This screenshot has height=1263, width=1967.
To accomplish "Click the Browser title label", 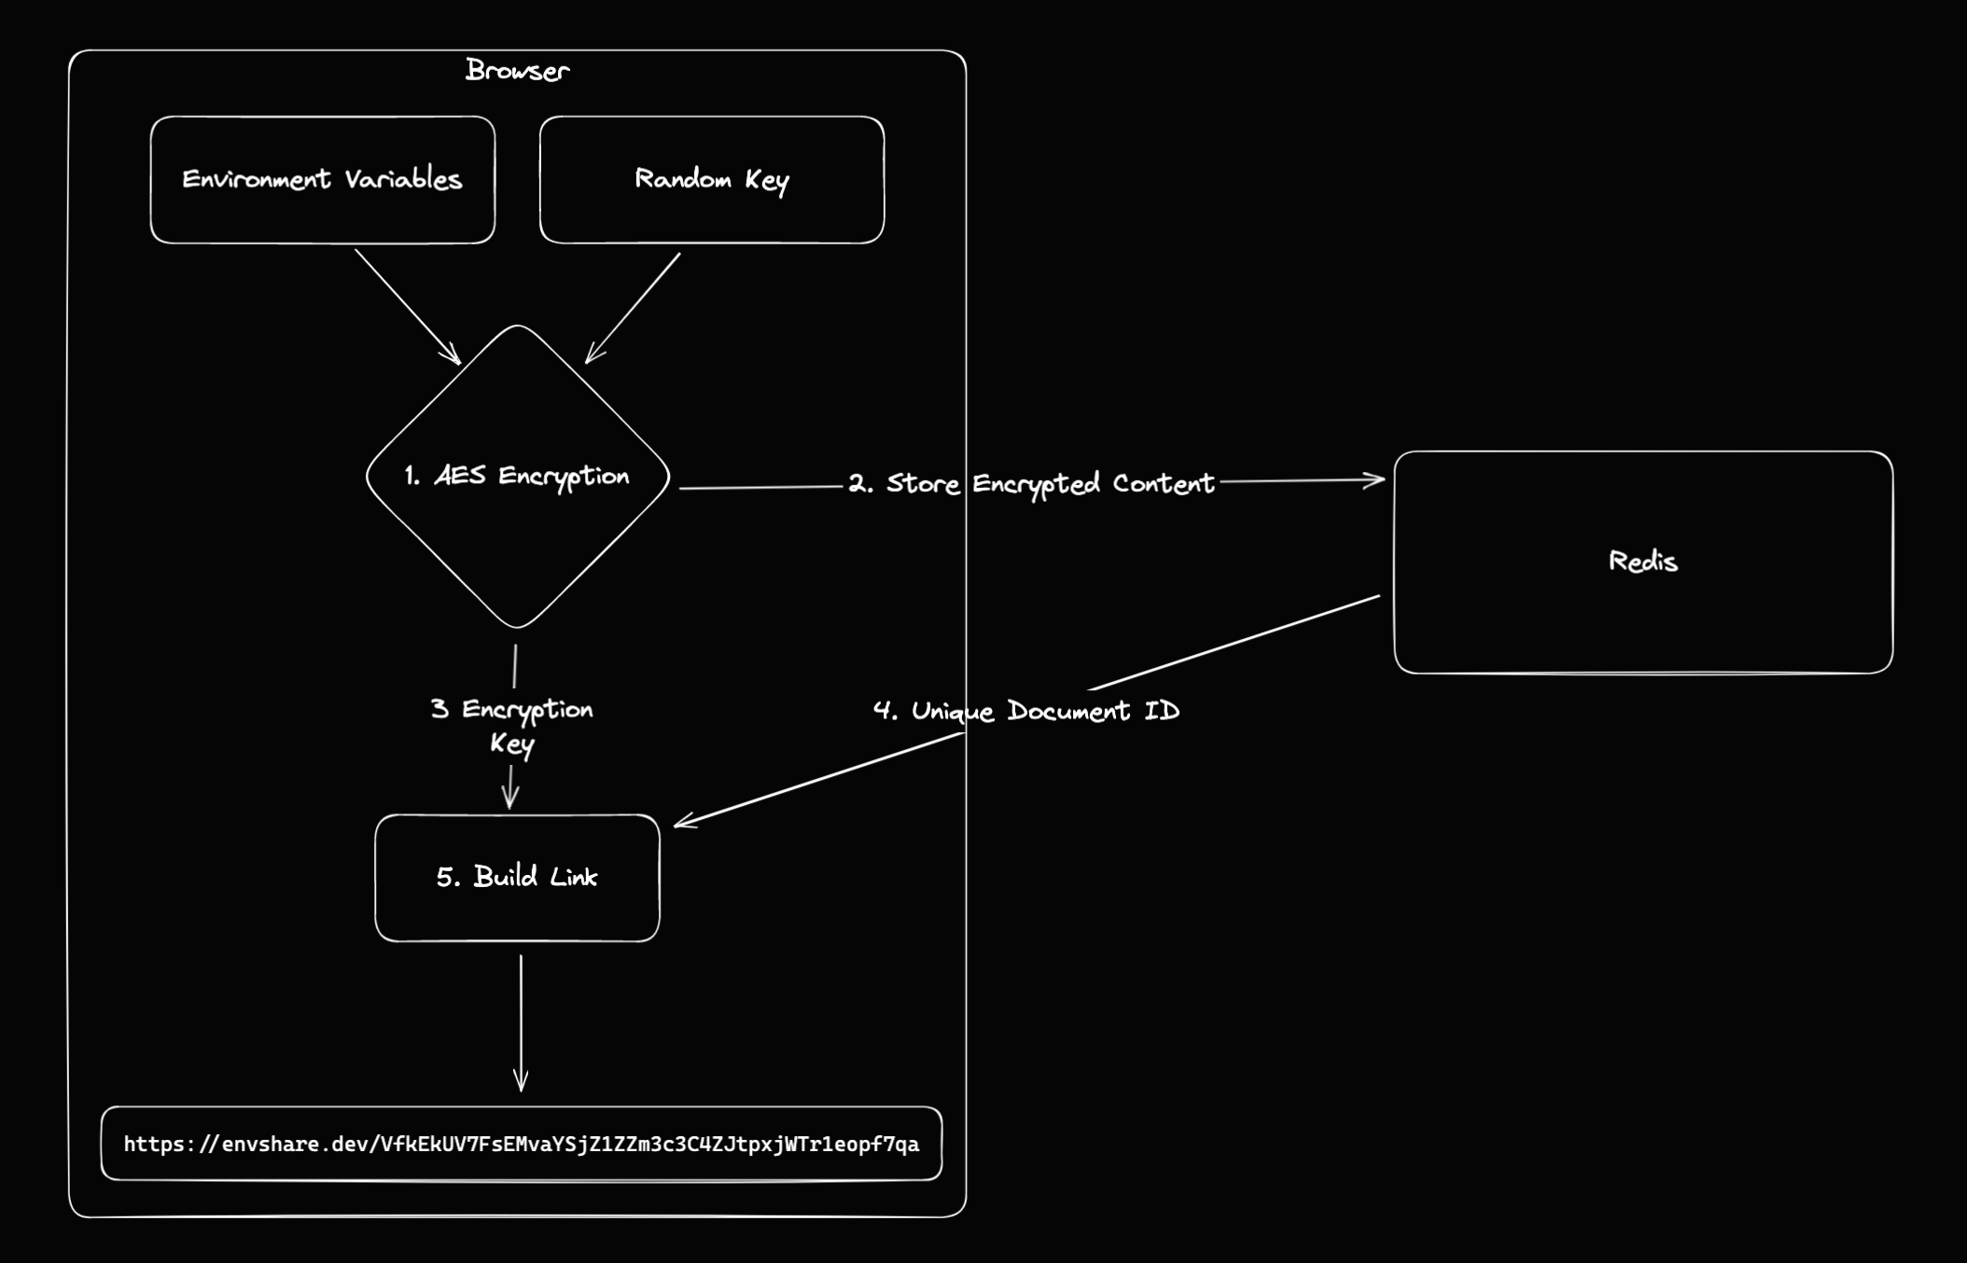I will [517, 71].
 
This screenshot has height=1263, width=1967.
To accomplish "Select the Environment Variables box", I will [322, 180].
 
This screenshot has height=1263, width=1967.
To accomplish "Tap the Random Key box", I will [711, 180].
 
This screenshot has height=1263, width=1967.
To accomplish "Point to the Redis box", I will [1642, 562].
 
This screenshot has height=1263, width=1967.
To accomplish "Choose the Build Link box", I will [517, 878].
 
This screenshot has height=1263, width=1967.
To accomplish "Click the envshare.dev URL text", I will [522, 1145].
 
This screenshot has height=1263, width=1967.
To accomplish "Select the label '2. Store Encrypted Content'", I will [1031, 484].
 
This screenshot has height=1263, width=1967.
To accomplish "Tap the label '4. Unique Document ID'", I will [1026, 712].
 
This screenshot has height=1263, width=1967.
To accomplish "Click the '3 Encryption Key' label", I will [511, 726].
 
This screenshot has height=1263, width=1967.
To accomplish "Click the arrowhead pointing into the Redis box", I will [1375, 480].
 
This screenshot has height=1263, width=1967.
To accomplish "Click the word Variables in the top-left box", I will [403, 180].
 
